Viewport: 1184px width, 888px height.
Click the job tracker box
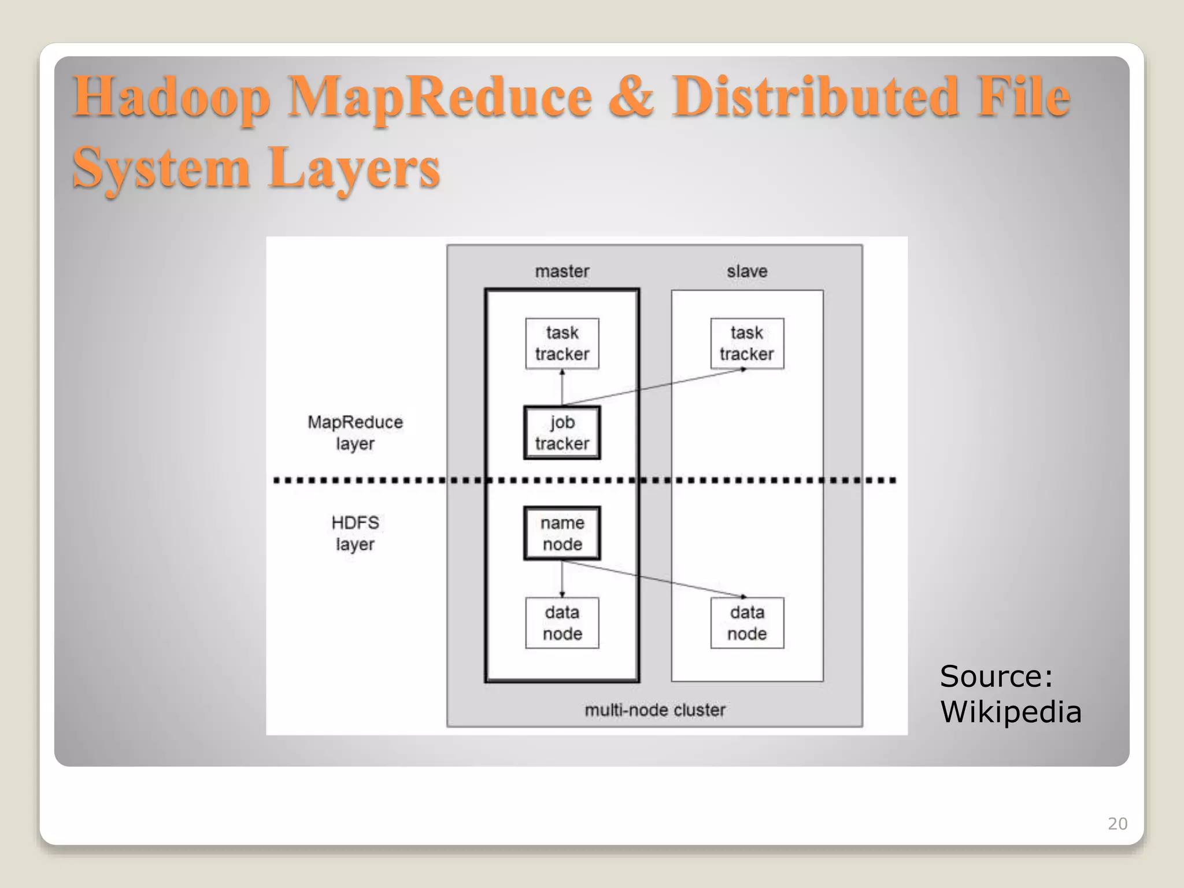pos(562,432)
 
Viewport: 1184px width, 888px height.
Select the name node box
pos(562,533)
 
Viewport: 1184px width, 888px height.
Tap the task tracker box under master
pos(562,343)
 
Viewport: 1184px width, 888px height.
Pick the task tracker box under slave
pos(747,343)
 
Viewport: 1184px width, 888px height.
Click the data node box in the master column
pos(562,623)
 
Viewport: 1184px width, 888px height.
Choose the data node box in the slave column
pos(747,623)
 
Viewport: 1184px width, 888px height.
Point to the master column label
pos(562,271)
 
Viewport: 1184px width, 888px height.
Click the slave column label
pos(747,271)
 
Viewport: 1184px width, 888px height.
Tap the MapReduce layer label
pos(355,432)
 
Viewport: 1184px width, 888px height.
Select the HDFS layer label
pos(355,533)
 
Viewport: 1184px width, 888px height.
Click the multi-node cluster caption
pos(654,709)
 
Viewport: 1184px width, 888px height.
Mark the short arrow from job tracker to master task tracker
pos(562,387)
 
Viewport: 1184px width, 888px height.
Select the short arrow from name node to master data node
pos(562,578)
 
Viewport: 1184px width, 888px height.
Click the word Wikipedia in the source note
pos(1011,711)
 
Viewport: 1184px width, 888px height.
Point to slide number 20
pos(1117,823)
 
